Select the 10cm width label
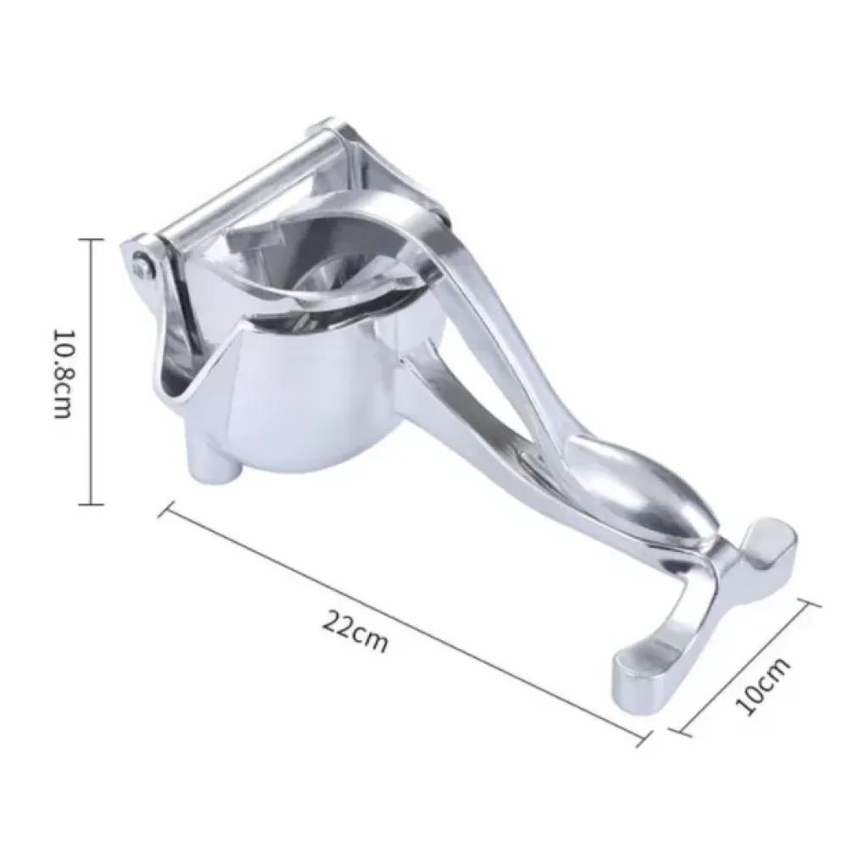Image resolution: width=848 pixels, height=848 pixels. [x=762, y=687]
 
